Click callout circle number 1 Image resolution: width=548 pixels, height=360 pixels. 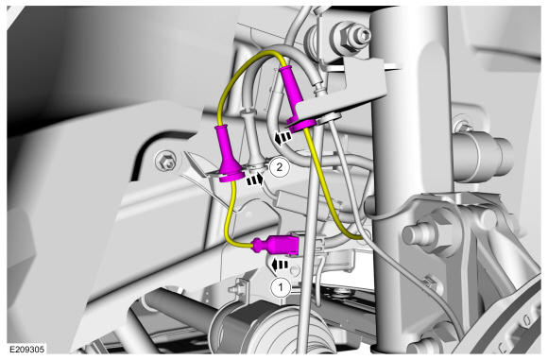click(281, 287)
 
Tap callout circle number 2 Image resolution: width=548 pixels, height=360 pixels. click(280, 167)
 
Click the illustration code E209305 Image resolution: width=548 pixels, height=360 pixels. click(26, 349)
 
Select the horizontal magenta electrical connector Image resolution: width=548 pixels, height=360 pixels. click(277, 245)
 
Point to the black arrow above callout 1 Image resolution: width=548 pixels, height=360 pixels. click(280, 265)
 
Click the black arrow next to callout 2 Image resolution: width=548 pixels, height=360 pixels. click(255, 180)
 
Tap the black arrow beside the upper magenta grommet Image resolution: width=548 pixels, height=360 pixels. click(283, 137)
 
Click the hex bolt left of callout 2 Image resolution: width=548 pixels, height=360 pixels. click(165, 161)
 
